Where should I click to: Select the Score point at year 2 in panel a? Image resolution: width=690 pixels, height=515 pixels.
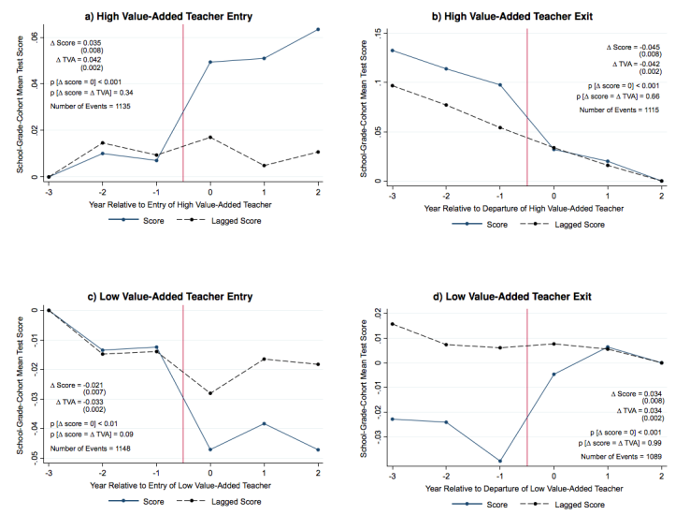pyautogui.click(x=319, y=29)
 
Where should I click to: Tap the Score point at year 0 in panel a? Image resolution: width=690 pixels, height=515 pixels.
pyautogui.click(x=209, y=62)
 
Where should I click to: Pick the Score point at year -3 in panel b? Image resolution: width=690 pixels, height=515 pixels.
pyautogui.click(x=392, y=51)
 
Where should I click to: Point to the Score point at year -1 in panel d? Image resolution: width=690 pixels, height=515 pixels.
pyautogui.click(x=500, y=461)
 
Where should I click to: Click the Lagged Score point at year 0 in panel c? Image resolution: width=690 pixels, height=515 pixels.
pyautogui.click(x=209, y=393)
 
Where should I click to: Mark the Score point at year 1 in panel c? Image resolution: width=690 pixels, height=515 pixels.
pyautogui.click(x=265, y=423)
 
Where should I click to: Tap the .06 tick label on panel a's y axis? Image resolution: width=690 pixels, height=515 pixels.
pyautogui.click(x=35, y=37)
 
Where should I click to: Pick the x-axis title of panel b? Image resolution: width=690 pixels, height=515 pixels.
pyautogui.click(x=527, y=207)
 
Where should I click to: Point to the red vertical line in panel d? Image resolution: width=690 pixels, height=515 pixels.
pyautogui.click(x=528, y=393)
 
